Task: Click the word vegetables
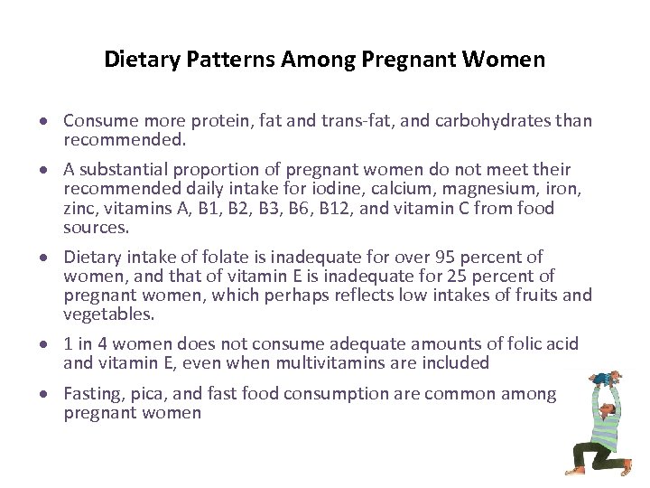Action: point(107,314)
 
